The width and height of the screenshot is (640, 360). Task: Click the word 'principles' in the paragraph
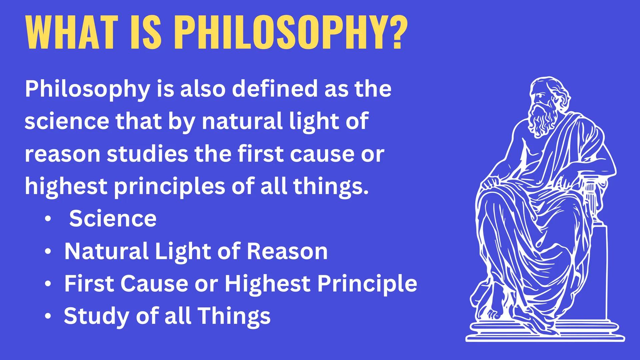tap(169, 186)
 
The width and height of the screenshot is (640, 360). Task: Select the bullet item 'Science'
tap(113, 218)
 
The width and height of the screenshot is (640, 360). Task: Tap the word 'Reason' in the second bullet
tap(287, 251)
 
